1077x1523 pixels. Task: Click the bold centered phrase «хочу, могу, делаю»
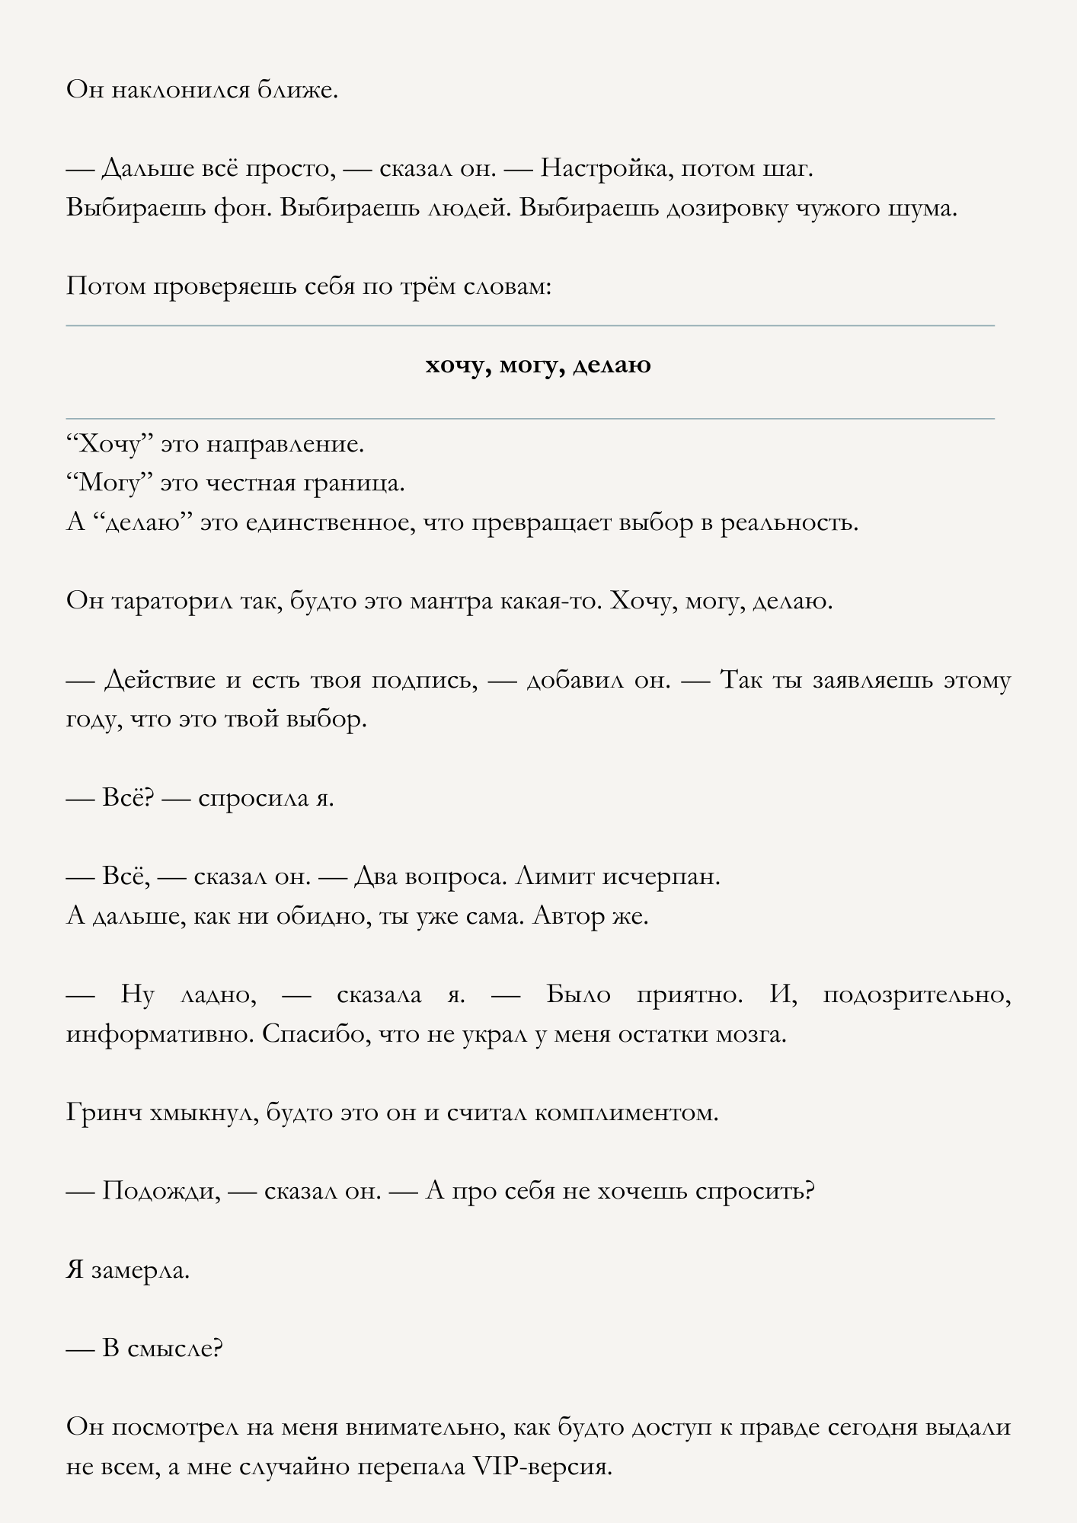click(538, 366)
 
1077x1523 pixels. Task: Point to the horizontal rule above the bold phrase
click(530, 326)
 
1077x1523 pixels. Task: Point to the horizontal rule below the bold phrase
click(530, 419)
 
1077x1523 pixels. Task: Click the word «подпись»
click(424, 680)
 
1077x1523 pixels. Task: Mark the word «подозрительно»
click(916, 995)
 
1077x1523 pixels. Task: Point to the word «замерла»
click(139, 1270)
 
